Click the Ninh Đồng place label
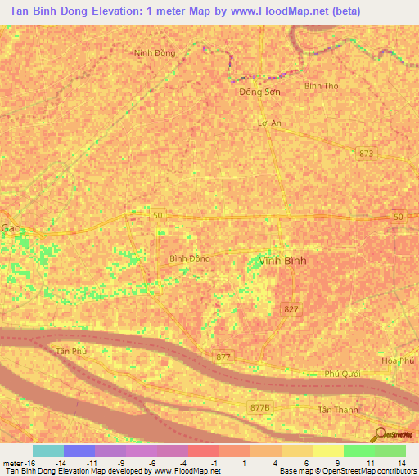point(155,53)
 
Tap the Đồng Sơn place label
point(259,92)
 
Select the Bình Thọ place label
point(321,85)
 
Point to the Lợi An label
point(269,123)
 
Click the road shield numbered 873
point(365,153)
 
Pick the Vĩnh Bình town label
point(270,261)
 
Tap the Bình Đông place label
point(190,258)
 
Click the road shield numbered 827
point(290,308)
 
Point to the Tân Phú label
point(71,351)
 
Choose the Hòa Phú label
point(399,361)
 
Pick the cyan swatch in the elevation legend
point(47,451)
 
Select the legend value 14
point(403,462)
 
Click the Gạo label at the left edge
point(10,228)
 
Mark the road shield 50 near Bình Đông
point(158,216)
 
